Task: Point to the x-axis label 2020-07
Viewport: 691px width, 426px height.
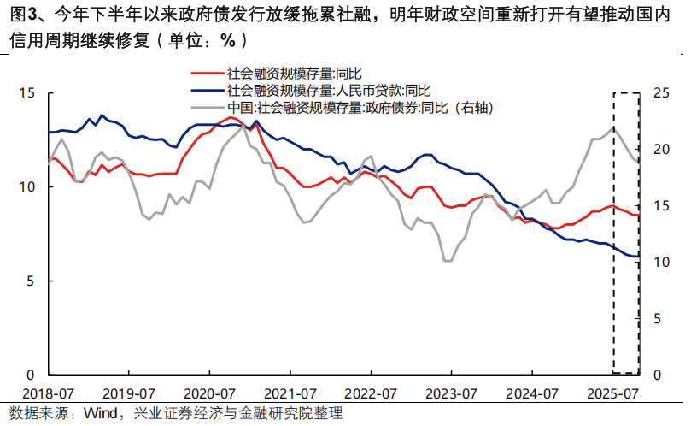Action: [x=209, y=394]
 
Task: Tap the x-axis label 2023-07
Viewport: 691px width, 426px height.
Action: [x=451, y=394]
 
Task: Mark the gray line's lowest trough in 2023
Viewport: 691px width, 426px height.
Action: [x=447, y=260]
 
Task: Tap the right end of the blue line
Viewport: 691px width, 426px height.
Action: [x=638, y=256]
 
